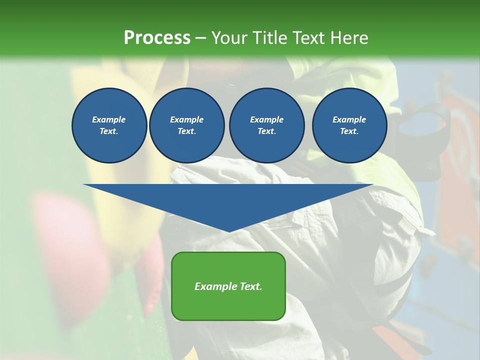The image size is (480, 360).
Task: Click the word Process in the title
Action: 157,38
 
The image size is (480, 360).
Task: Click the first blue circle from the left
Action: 109,125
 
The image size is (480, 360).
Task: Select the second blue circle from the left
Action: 186,125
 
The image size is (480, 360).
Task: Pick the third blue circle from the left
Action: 266,125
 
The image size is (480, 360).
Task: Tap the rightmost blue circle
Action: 349,125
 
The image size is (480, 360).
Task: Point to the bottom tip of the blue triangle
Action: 229,231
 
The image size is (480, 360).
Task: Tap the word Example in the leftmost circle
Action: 109,119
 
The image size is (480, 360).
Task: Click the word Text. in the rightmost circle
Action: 349,131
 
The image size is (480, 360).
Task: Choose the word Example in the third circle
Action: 266,119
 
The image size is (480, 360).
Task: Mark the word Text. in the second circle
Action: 186,131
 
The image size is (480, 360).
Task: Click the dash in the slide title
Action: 200,38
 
